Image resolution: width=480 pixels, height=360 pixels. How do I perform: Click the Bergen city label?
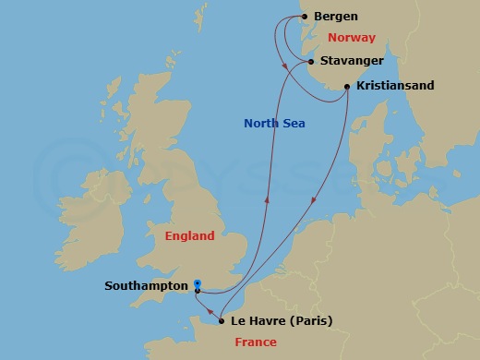point(336,17)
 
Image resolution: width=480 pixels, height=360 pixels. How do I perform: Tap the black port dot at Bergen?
point(304,17)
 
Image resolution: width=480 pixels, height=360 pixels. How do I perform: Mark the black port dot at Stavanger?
point(311,62)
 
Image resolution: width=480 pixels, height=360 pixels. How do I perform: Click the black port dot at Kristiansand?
point(347,87)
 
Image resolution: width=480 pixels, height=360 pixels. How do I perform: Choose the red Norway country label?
point(352,39)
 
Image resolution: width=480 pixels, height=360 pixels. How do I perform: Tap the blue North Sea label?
point(275,124)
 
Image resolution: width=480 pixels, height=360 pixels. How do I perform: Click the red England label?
point(189,236)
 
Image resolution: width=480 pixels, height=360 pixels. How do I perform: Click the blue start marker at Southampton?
point(198,284)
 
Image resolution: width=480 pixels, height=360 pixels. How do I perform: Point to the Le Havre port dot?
point(221,321)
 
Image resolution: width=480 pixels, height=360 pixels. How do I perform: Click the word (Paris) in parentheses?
point(310,321)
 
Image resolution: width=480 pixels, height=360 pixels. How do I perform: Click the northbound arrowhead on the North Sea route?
point(267,195)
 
